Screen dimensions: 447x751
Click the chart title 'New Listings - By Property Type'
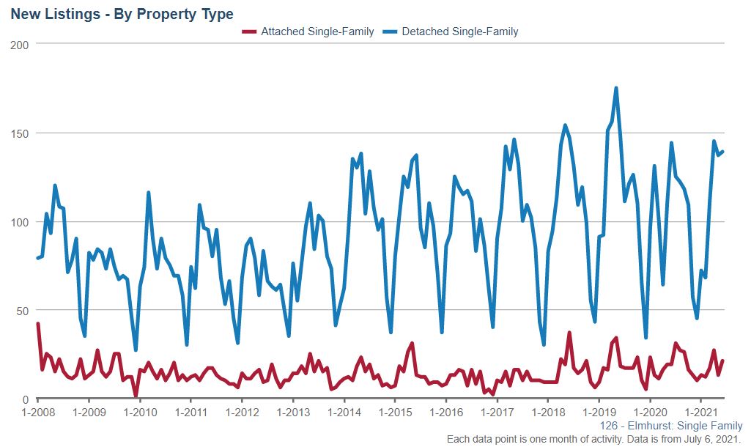(x=122, y=14)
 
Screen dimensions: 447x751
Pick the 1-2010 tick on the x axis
(x=140, y=412)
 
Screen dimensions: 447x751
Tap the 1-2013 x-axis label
(x=293, y=412)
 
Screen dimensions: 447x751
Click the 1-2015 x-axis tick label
(x=395, y=412)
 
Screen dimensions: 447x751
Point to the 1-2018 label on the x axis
(x=548, y=412)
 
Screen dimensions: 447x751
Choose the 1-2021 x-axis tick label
(x=701, y=412)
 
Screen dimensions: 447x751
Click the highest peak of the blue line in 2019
(x=616, y=89)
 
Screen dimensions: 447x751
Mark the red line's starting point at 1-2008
(x=38, y=324)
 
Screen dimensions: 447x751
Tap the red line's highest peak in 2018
(x=569, y=333)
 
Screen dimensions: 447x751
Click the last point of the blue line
(x=722, y=152)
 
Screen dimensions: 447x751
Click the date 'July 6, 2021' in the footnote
(x=711, y=438)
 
